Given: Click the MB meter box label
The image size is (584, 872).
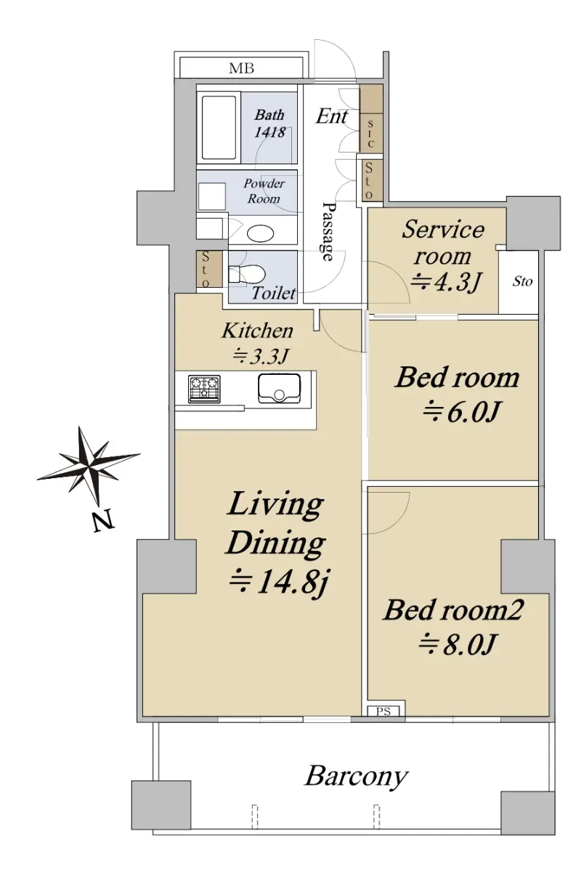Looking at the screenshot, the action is pos(241,68).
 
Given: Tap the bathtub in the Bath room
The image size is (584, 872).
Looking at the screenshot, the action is pos(219,128).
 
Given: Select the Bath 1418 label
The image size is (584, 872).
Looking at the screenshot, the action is pos(269,124).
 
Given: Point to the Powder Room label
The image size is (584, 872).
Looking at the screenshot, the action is pos(264,191).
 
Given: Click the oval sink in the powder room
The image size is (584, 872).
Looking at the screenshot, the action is pos(261,234).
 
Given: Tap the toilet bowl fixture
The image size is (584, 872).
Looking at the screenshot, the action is pos(246,274).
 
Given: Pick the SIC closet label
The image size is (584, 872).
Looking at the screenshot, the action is pos(370,134).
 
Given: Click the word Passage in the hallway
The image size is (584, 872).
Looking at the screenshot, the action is pos(328,231).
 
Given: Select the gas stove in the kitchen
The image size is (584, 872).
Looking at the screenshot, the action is pos(204,389).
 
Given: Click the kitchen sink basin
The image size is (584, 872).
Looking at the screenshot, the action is pos(279,389).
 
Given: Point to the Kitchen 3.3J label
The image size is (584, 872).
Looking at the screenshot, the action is pos(258,343).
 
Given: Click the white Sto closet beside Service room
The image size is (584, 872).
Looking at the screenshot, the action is pos(519,282).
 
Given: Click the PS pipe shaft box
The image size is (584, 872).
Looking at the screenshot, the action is pos(383,711).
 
